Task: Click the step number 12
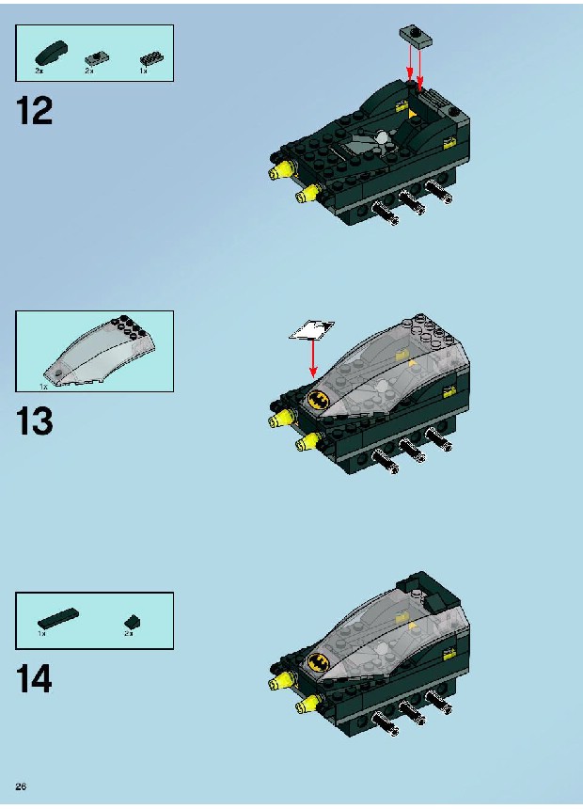click(35, 110)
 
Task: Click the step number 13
click(35, 421)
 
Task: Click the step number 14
click(35, 679)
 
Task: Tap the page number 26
click(21, 786)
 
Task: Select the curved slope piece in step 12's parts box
click(51, 53)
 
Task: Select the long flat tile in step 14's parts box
click(58, 618)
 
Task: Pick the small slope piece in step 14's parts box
click(132, 622)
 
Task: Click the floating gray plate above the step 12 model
click(417, 36)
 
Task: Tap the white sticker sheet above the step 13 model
click(311, 330)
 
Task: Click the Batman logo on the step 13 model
click(320, 400)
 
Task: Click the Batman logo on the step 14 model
click(320, 662)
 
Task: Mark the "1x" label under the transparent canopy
click(43, 386)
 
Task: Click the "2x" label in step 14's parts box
click(128, 634)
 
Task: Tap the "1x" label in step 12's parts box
click(143, 71)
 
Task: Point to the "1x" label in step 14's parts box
click(41, 633)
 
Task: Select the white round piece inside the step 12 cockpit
click(383, 137)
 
